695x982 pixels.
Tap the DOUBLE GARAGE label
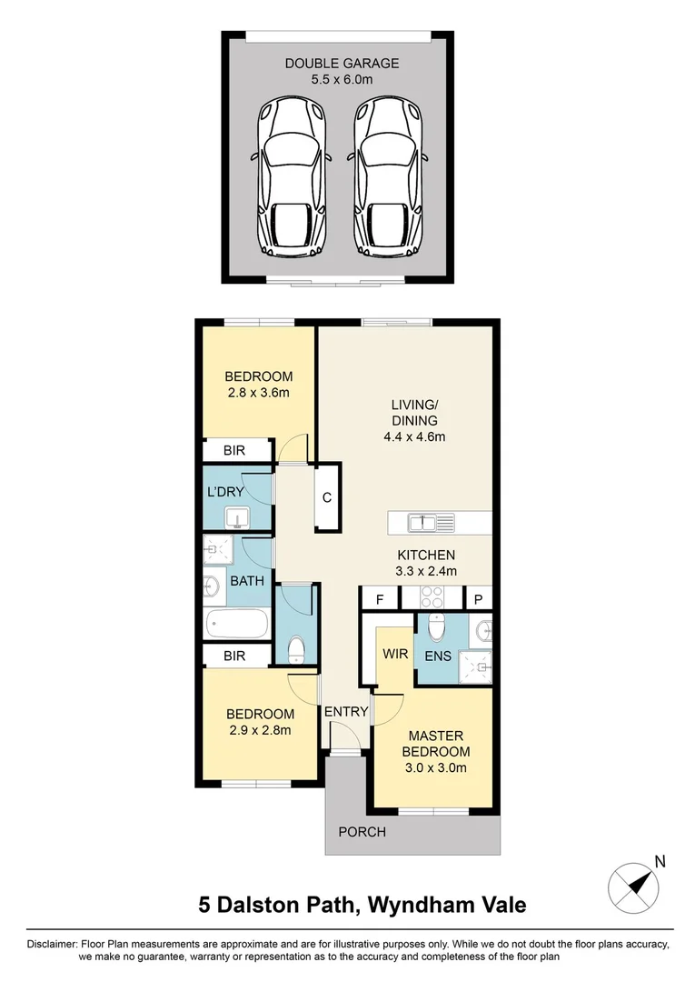click(x=342, y=64)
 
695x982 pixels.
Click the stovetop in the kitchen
click(x=431, y=598)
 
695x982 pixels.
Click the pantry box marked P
click(x=478, y=599)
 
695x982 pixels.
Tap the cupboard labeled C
click(x=326, y=497)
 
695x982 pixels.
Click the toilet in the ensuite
click(x=435, y=626)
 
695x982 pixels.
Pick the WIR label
click(x=393, y=654)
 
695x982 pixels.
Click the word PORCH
click(x=362, y=832)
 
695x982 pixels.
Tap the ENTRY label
click(x=346, y=711)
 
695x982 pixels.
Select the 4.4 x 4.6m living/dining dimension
click(x=415, y=436)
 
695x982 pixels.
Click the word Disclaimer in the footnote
click(x=52, y=944)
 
